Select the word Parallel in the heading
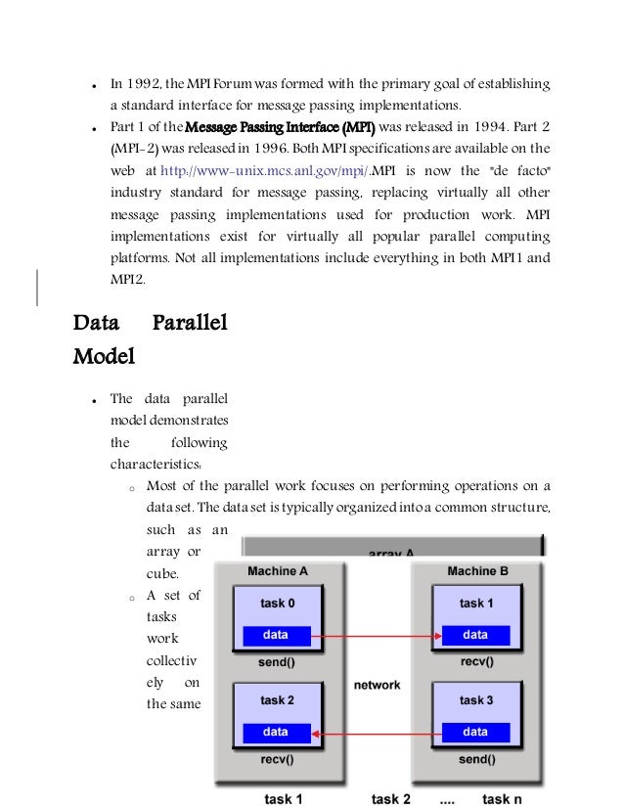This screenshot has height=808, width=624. click(x=191, y=323)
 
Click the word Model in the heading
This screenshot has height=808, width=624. click(x=104, y=356)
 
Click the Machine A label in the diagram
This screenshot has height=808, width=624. click(x=278, y=571)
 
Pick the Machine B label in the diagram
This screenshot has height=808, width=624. click(x=476, y=571)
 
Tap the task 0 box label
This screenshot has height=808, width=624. click(x=278, y=604)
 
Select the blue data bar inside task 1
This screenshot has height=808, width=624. click(x=475, y=635)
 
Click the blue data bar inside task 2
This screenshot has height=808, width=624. click(x=276, y=732)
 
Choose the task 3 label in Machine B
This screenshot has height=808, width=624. click(x=476, y=700)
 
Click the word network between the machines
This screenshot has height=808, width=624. click(x=377, y=685)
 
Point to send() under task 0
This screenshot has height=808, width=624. click(x=278, y=662)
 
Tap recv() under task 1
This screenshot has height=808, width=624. click(x=476, y=662)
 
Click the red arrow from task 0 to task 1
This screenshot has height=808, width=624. click(x=376, y=636)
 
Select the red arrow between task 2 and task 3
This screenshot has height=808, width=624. click(x=376, y=732)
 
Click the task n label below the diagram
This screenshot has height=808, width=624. click(x=503, y=799)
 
